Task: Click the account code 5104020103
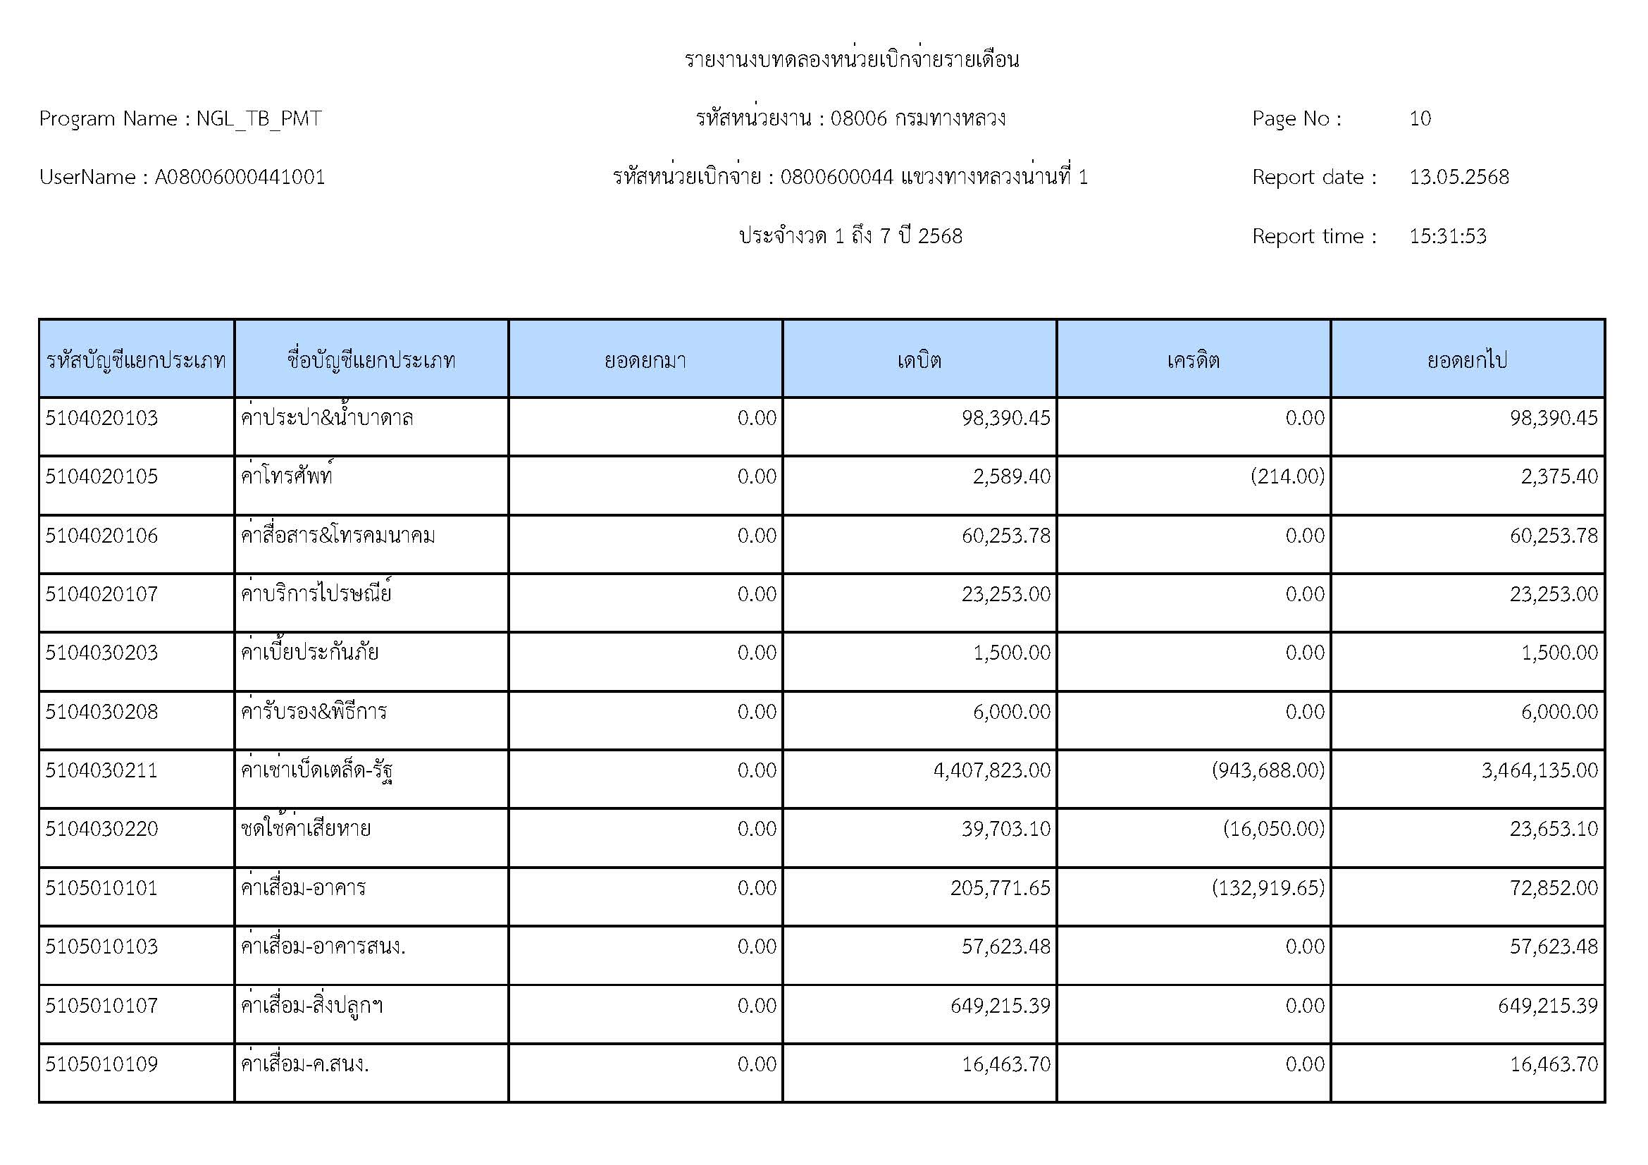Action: point(101,418)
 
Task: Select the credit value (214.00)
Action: point(1287,476)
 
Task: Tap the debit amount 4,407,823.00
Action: point(991,770)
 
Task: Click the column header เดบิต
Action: point(919,359)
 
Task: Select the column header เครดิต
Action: point(1193,359)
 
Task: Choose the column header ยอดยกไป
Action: point(1467,359)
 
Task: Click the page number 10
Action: point(1420,118)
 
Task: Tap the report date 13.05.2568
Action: point(1458,178)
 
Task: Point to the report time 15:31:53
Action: point(1447,236)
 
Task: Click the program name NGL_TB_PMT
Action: point(259,118)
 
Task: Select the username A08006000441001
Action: point(240,178)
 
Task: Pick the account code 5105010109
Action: point(101,1064)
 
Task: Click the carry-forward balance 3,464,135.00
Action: point(1539,770)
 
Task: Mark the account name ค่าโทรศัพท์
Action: point(287,476)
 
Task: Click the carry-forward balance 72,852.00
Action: point(1554,888)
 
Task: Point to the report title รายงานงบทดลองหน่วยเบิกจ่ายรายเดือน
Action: point(851,60)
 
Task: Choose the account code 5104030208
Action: point(101,711)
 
